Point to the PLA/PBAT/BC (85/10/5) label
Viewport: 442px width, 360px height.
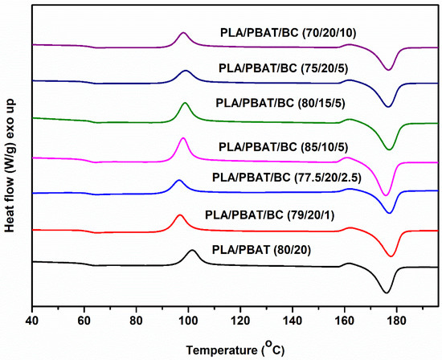point(287,146)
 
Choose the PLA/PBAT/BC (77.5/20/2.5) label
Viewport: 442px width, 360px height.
point(287,176)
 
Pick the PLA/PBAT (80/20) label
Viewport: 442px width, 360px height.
point(280,249)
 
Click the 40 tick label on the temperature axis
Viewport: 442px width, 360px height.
point(31,320)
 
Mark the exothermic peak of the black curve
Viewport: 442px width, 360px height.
point(192,251)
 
